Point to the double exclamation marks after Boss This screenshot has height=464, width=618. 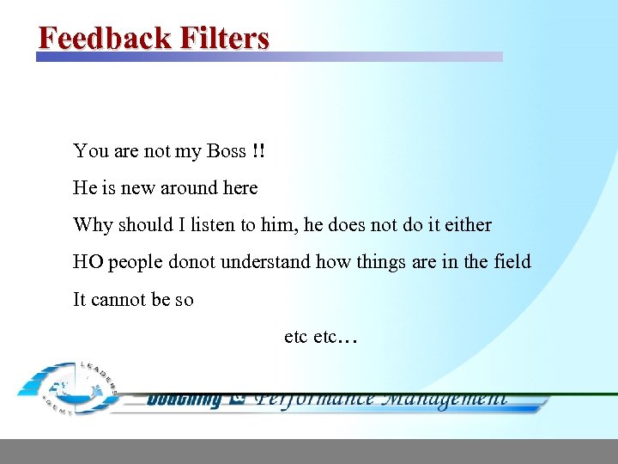tap(259, 151)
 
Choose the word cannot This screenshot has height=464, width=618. tap(121, 300)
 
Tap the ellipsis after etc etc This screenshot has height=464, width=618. tap(348, 338)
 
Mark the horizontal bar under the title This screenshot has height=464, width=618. tap(269, 57)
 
